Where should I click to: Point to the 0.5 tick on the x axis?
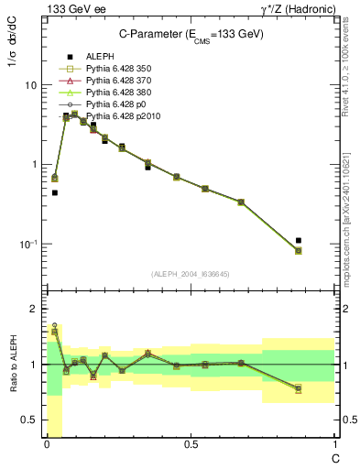(190, 445)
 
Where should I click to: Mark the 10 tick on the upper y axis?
(30, 85)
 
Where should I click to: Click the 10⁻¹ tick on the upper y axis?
(28, 245)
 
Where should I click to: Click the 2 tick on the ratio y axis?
(33, 309)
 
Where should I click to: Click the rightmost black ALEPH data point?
(299, 240)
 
